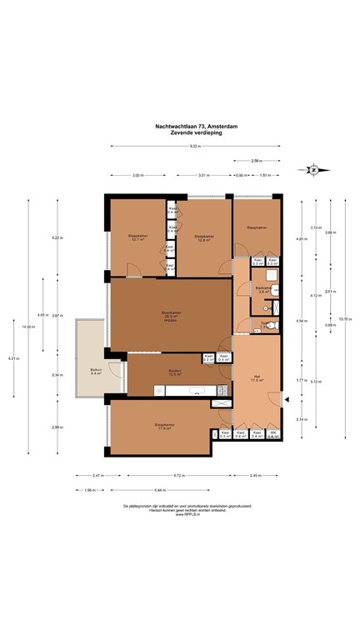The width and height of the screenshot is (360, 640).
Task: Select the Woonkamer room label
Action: [172, 315]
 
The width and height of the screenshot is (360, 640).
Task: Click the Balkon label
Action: [96, 372]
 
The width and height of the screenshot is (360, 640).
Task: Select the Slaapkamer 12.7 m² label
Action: [137, 237]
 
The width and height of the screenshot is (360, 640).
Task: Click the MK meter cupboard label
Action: [273, 433]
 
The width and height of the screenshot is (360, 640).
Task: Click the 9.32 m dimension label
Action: [194, 147]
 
